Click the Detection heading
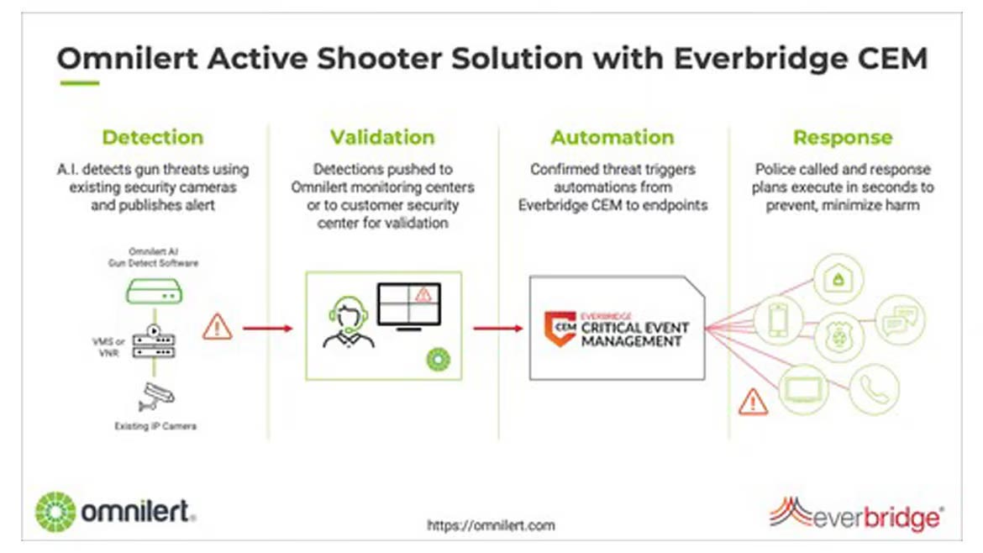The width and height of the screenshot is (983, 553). pyautogui.click(x=152, y=137)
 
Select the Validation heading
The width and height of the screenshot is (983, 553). pyautogui.click(x=382, y=137)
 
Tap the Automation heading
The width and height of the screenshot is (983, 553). pyautogui.click(x=612, y=137)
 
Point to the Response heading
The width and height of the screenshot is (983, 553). pyautogui.click(x=843, y=137)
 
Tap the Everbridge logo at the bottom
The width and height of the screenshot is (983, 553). pyautogui.click(x=856, y=513)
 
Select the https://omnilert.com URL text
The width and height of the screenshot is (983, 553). pyautogui.click(x=491, y=525)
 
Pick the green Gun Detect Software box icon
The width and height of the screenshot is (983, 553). pyautogui.click(x=154, y=292)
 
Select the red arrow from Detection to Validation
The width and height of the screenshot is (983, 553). pyautogui.click(x=268, y=327)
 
